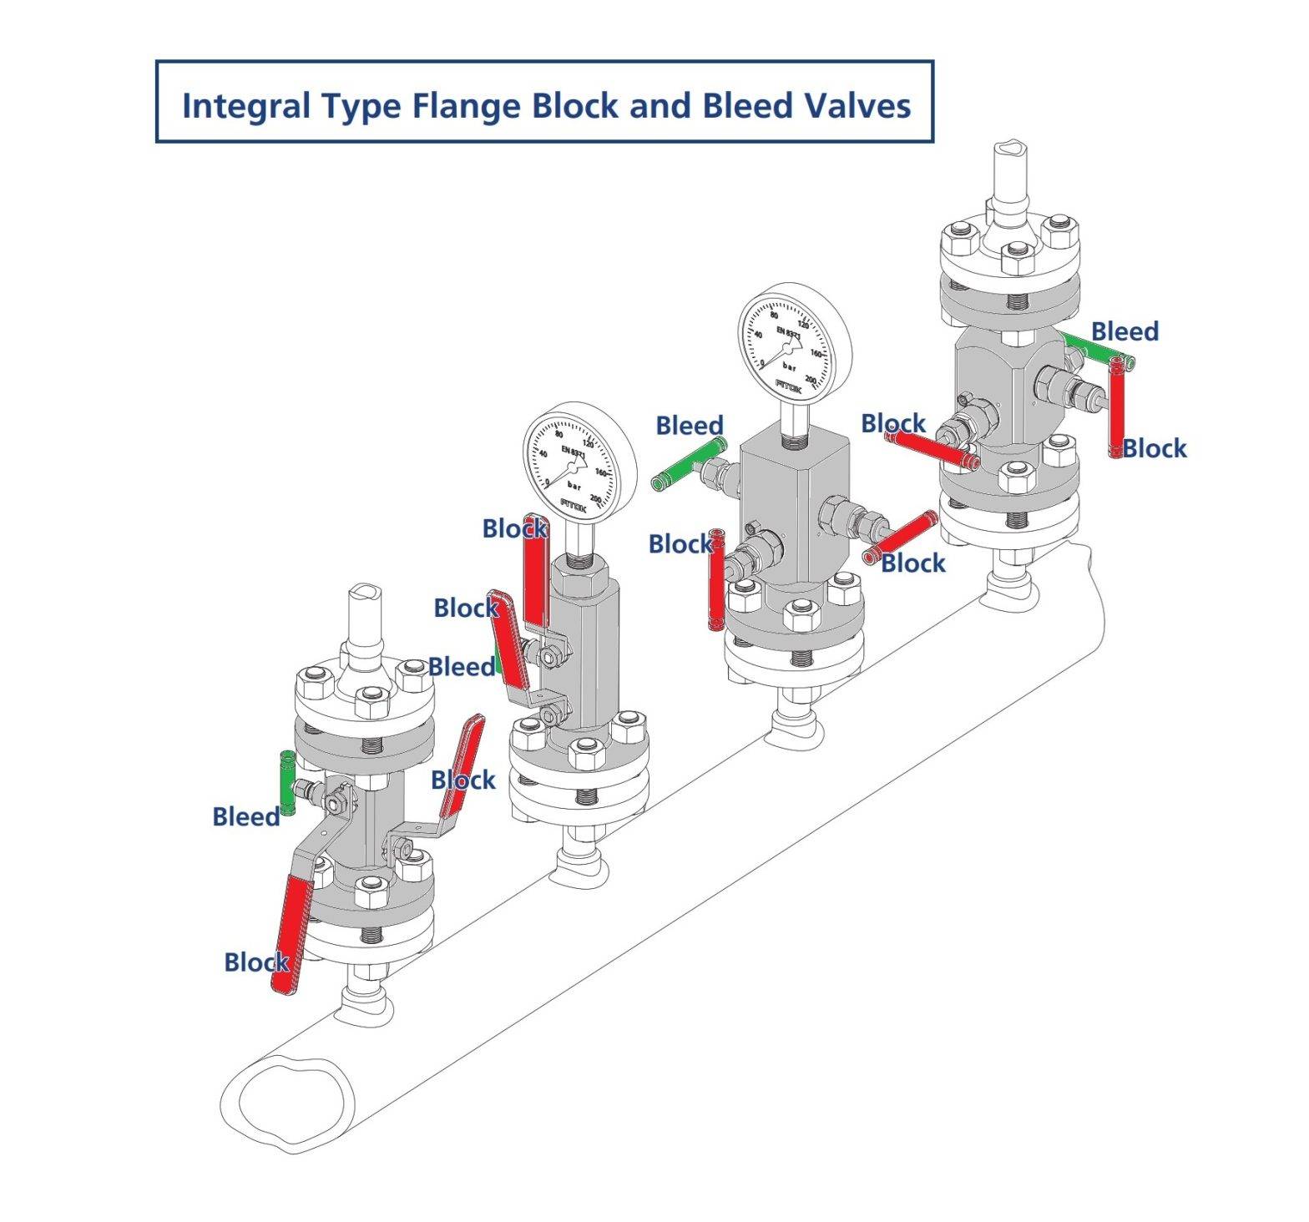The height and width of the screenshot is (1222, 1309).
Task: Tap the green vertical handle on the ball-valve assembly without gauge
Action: [x=286, y=783]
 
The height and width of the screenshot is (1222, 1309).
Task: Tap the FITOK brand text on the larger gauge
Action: [x=789, y=386]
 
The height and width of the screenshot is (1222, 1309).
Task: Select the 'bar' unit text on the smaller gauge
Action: [x=574, y=485]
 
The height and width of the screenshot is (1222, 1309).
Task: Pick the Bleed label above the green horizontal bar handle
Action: [x=1125, y=331]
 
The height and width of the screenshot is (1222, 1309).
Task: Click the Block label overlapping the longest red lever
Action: [x=256, y=962]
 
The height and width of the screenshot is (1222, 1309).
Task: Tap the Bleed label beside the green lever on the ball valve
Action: [x=461, y=667]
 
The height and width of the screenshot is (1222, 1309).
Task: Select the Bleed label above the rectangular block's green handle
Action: [x=689, y=426]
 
